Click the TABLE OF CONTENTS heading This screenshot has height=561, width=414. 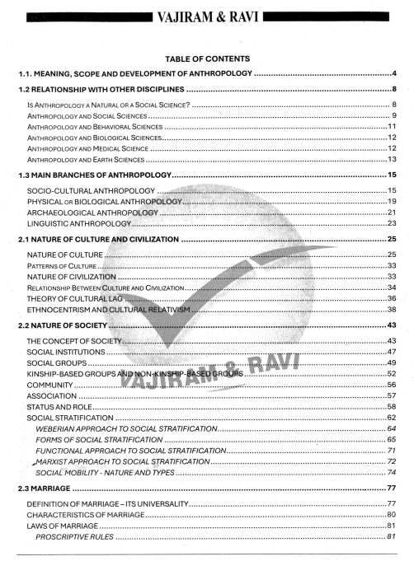[x=207, y=59]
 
